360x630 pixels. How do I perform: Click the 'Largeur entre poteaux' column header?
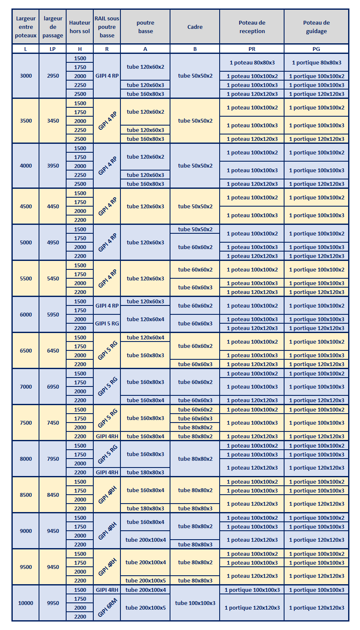point(25,27)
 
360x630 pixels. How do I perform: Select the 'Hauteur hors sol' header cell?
point(80,27)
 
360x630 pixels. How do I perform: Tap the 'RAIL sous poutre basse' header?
point(107,27)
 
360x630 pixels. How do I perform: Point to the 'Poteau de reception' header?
point(252,27)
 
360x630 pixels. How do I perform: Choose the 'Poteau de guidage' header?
point(316,27)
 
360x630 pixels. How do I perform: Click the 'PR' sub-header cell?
point(252,49)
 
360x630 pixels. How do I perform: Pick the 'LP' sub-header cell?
point(53,49)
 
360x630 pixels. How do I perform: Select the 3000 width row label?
point(25,76)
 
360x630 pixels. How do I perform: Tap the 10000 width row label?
point(25,603)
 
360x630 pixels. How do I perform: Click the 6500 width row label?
point(25,350)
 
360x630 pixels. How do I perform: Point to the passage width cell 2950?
point(53,76)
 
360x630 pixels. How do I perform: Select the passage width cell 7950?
point(53,459)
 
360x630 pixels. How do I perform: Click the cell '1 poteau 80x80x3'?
point(252,63)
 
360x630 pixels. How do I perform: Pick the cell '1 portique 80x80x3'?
point(316,63)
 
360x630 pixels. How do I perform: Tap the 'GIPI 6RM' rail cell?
point(107,608)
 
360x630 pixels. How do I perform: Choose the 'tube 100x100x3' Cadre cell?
point(195,603)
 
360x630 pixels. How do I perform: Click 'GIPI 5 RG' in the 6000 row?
point(107,323)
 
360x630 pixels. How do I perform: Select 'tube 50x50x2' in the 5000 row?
point(195,229)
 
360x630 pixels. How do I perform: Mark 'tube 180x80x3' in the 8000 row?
point(145,472)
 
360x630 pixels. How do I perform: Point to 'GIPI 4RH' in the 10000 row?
point(107,590)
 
